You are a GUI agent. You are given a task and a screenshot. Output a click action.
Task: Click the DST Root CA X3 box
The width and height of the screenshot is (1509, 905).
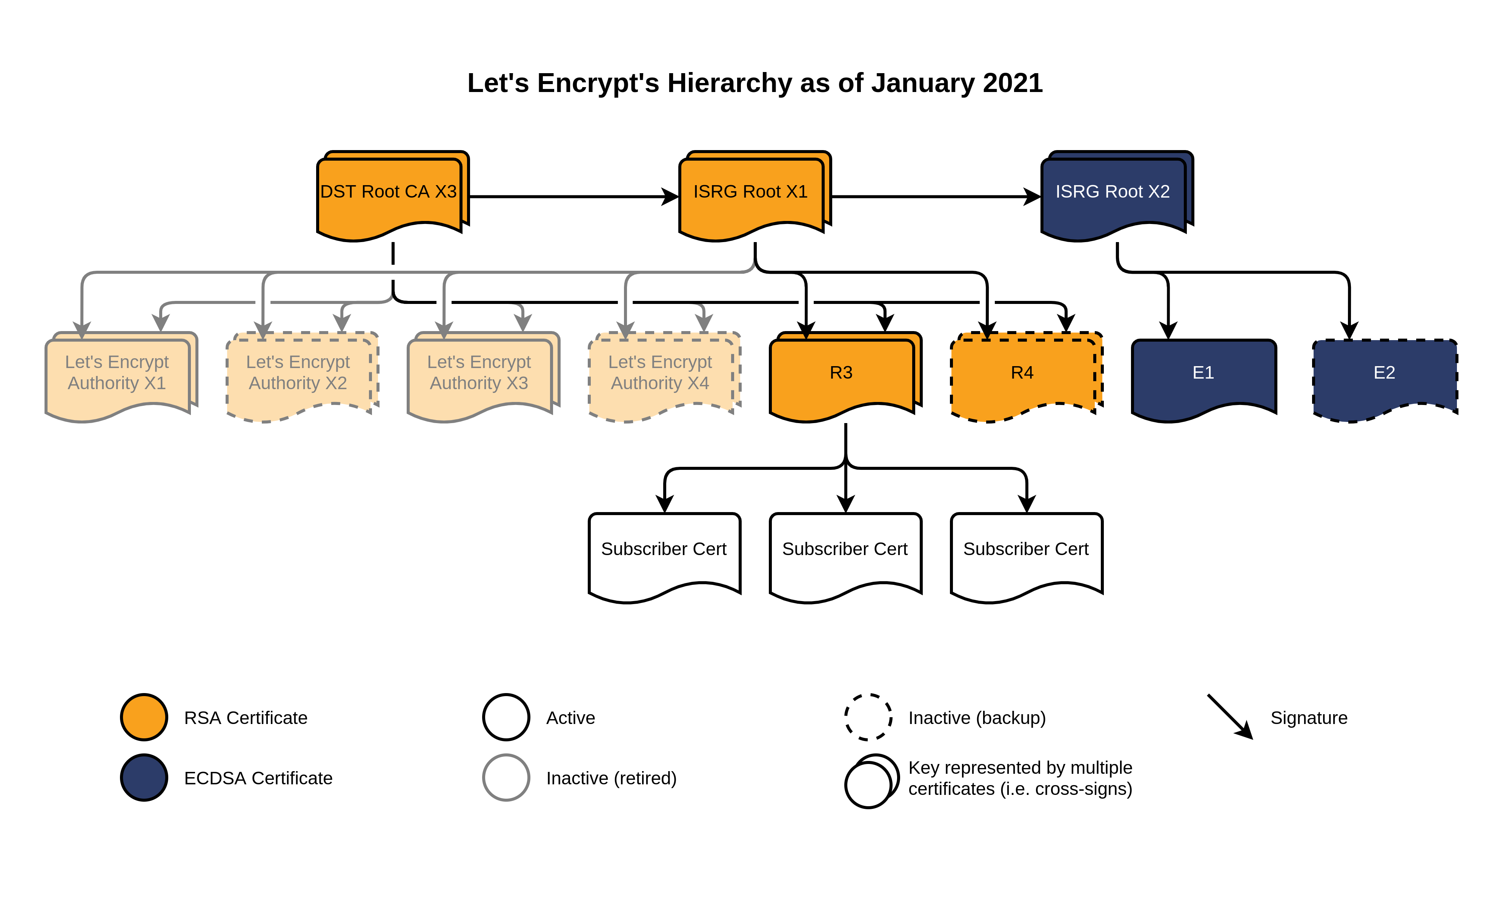click(389, 194)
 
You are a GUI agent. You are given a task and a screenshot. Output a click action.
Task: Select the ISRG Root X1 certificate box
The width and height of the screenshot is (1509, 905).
click(751, 194)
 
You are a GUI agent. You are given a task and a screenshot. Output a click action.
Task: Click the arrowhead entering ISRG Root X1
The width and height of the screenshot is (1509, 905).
click(671, 197)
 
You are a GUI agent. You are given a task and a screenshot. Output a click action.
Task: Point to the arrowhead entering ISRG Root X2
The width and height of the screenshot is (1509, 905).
click(1033, 197)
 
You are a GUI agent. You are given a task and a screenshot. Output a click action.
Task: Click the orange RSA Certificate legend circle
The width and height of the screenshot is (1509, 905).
click(144, 717)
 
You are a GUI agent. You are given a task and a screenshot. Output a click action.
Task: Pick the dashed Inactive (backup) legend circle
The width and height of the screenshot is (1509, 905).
click(868, 717)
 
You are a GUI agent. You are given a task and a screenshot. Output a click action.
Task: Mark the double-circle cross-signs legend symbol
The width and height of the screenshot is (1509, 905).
click(871, 781)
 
